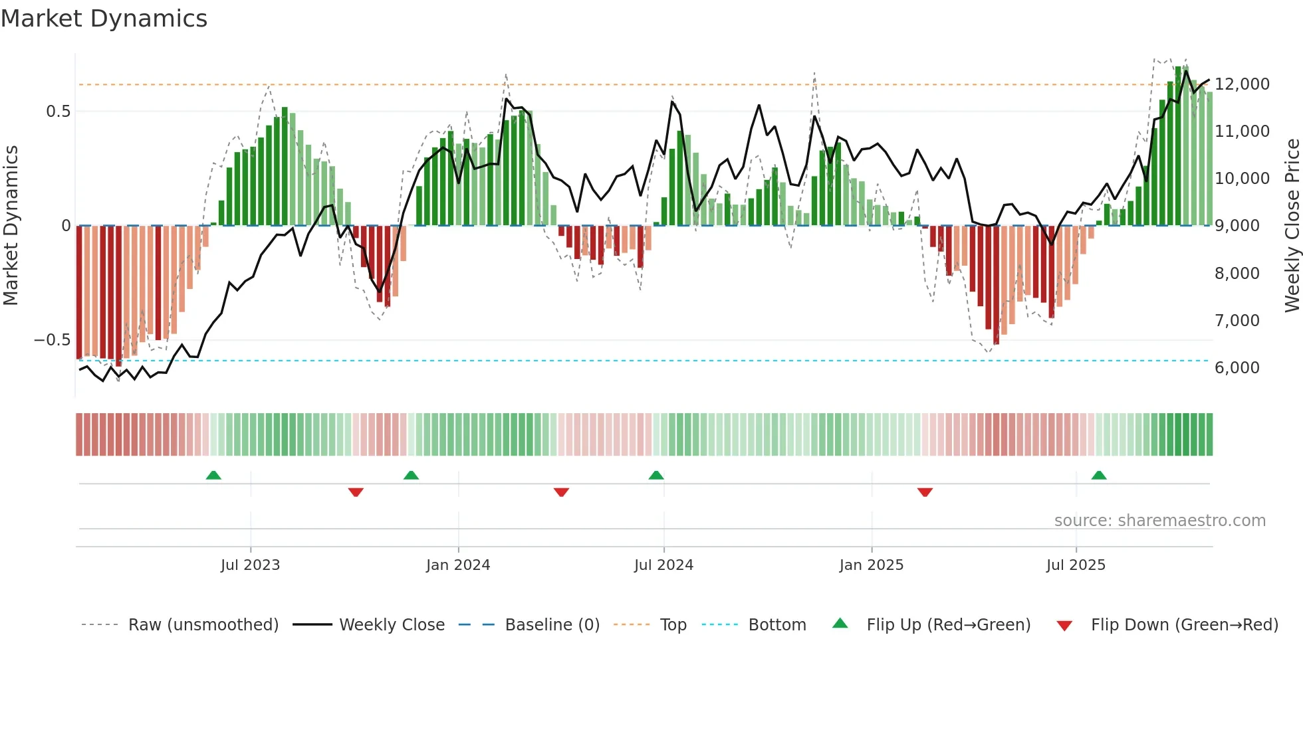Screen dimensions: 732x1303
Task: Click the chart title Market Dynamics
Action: (x=104, y=19)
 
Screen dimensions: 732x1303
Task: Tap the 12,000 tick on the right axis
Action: (x=1242, y=84)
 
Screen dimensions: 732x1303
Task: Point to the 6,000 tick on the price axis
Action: (x=1237, y=368)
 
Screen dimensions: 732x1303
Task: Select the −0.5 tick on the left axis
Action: (x=52, y=340)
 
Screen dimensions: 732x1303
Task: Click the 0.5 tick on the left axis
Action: (x=58, y=112)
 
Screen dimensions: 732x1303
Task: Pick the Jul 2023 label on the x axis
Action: (x=250, y=565)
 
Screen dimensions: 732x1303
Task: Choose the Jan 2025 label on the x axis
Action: (x=871, y=565)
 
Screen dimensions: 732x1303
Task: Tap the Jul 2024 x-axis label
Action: (x=663, y=565)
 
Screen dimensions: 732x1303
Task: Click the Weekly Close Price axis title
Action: (x=1292, y=225)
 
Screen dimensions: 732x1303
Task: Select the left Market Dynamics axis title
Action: (x=11, y=225)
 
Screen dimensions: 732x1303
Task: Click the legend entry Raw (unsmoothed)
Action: (x=203, y=625)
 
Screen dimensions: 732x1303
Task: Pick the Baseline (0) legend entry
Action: (x=552, y=625)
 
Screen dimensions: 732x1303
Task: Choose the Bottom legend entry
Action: (x=776, y=625)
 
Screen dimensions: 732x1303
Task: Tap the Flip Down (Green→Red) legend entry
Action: (x=1184, y=625)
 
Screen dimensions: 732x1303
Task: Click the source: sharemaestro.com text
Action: (x=1159, y=521)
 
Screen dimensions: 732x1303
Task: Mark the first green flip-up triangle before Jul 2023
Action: (x=213, y=476)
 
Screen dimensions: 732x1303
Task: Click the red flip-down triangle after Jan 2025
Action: (x=925, y=492)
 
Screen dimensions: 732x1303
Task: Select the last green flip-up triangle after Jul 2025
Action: (x=1099, y=476)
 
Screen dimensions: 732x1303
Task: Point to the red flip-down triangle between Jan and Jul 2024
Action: (x=561, y=492)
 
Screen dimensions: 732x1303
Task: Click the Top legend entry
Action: (x=673, y=625)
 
